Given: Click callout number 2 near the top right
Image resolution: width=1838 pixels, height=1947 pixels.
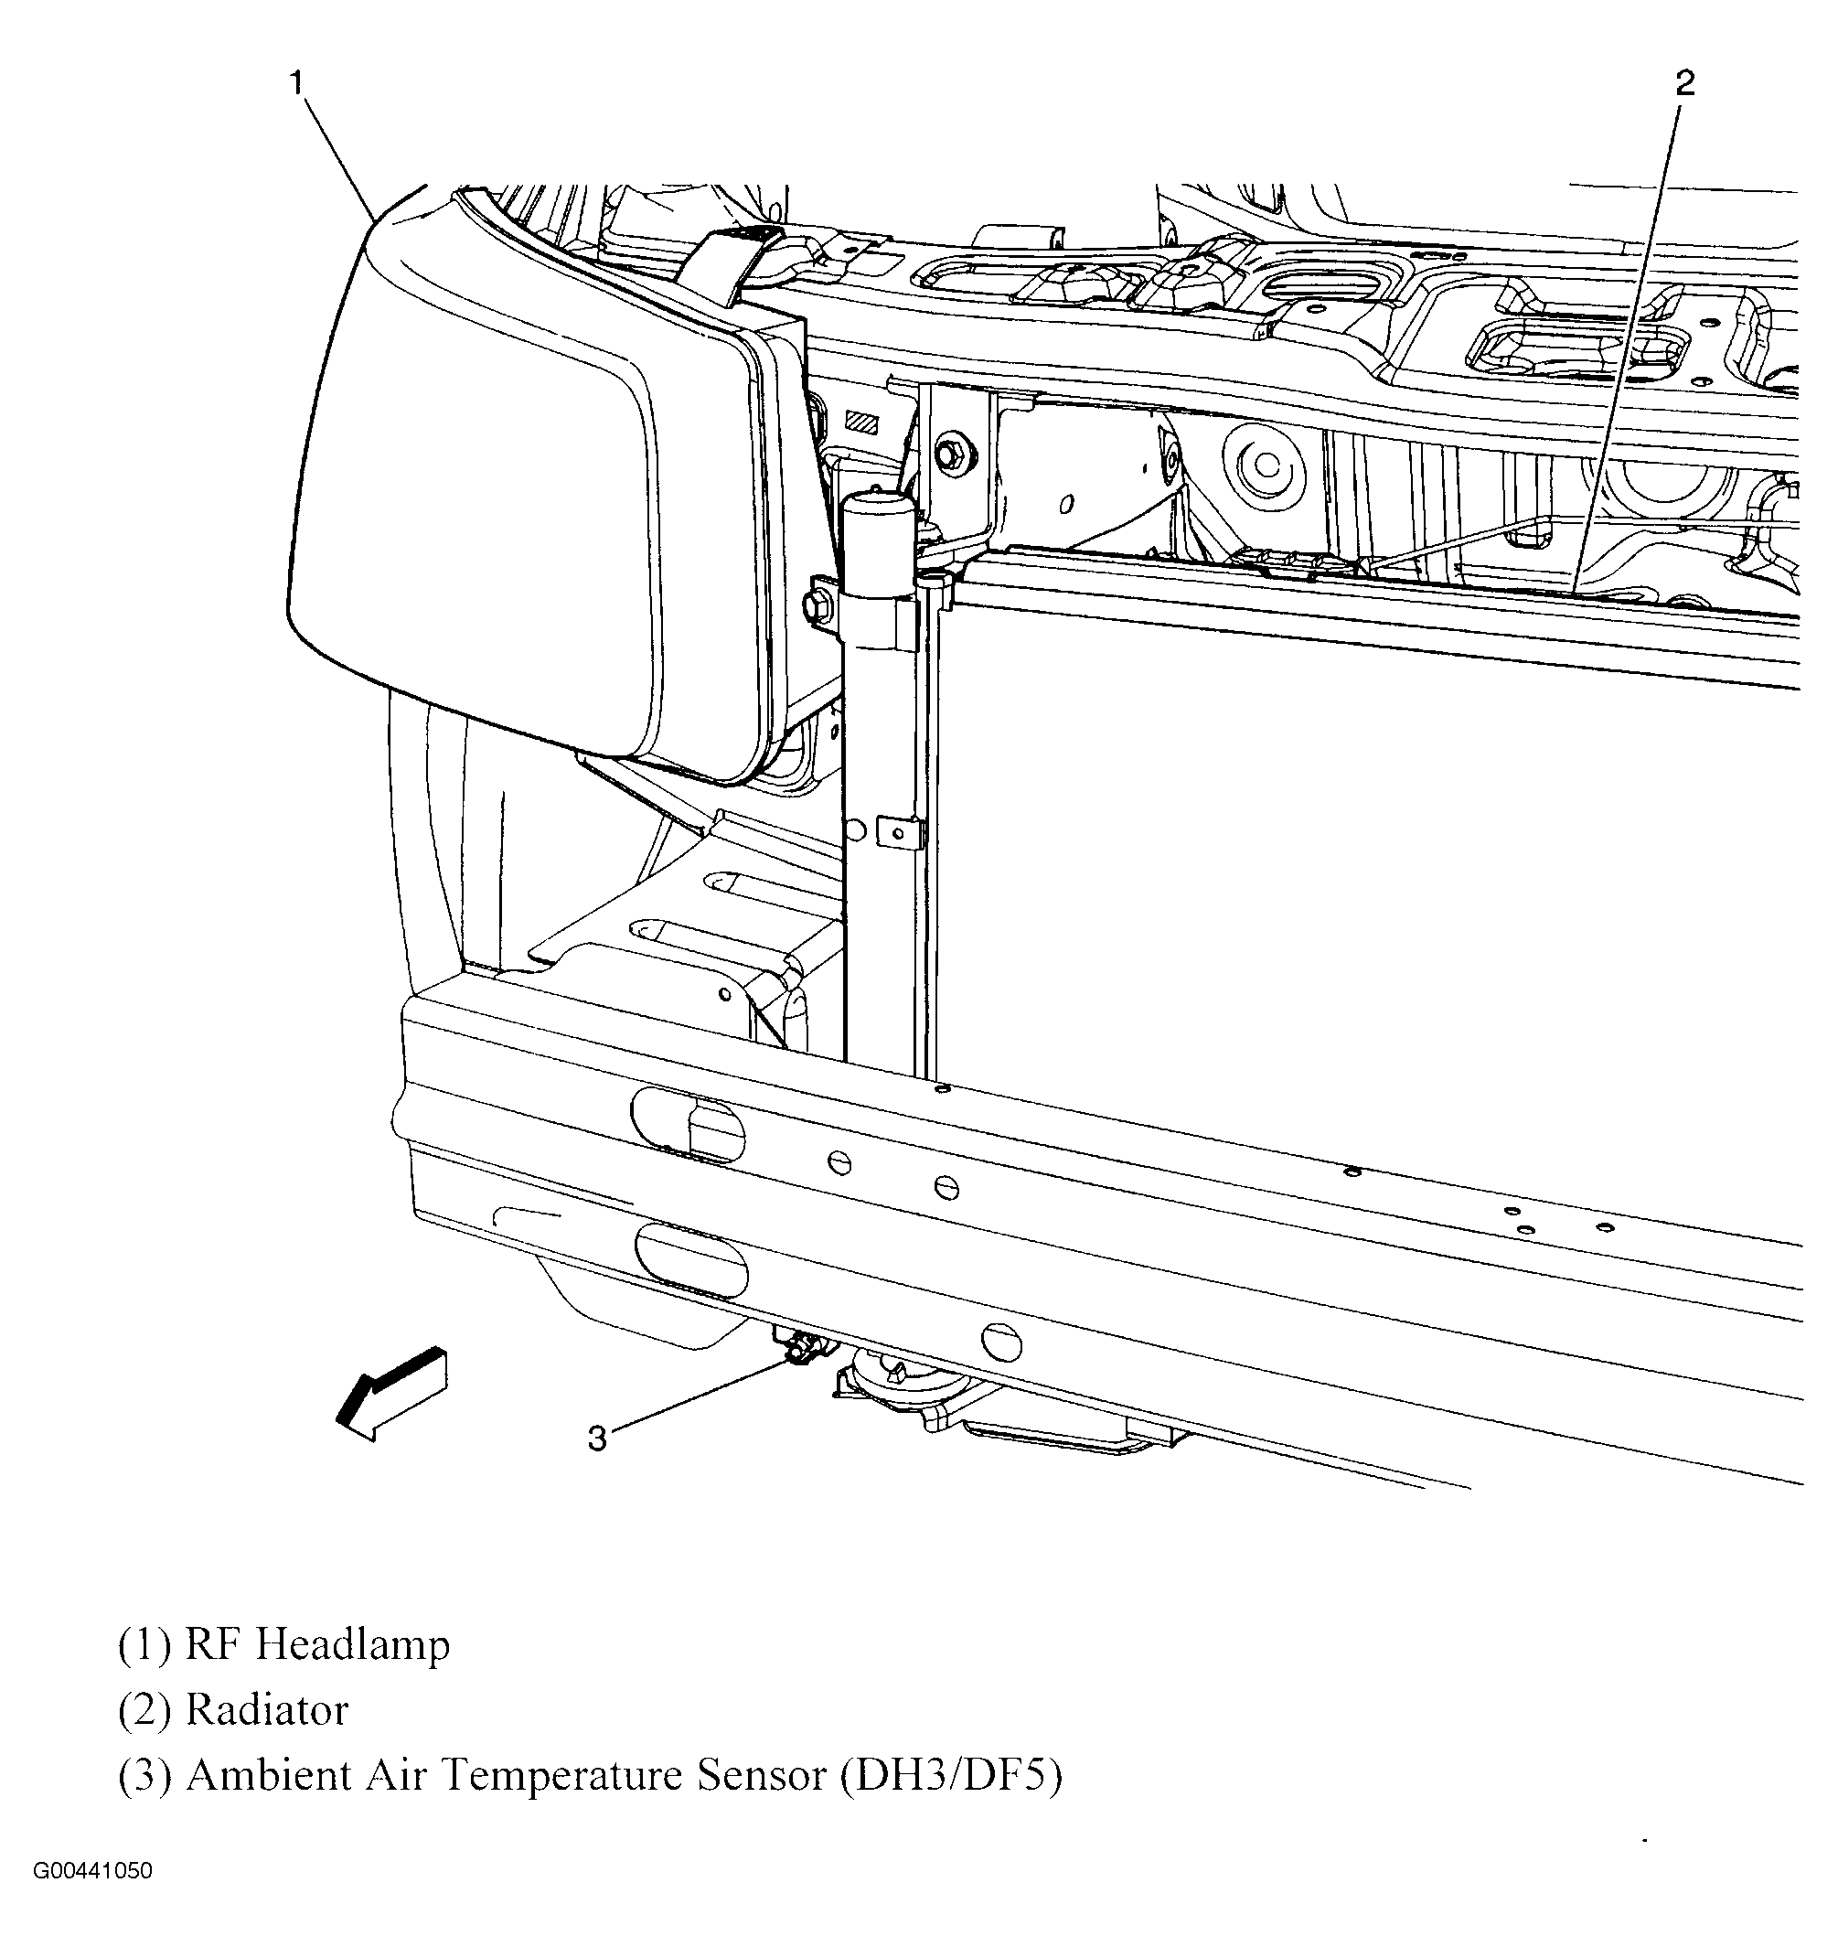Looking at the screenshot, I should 1684,83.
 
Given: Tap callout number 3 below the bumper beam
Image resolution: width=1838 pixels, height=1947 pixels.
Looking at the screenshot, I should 598,1438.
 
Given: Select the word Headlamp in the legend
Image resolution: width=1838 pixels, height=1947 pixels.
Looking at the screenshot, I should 353,1643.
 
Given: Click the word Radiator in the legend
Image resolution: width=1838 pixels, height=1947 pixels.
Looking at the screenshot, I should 266,1710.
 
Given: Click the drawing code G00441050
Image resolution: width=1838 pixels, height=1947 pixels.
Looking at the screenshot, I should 92,1871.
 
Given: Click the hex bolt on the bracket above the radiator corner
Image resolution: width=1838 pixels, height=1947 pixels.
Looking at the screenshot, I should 949,455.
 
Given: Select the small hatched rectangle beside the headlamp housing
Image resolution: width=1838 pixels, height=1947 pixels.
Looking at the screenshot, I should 862,422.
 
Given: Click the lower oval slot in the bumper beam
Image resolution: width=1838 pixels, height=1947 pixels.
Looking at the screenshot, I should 691,1259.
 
